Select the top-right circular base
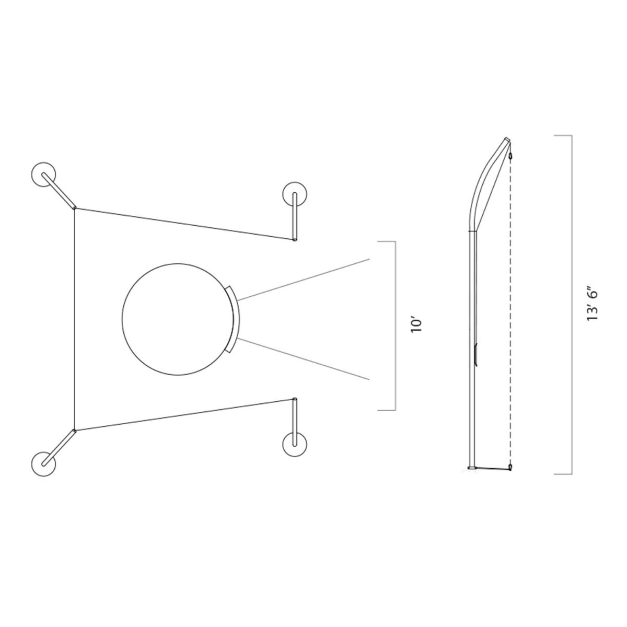coord(295,194)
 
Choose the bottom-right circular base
coord(295,445)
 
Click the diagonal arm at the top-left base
coord(60,190)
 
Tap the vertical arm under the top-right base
coord(295,217)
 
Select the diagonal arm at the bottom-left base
coord(59,447)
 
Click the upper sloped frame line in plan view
coord(183,224)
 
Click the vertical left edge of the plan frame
coord(75,319)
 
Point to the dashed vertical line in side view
coord(509,313)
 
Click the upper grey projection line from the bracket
coord(303,280)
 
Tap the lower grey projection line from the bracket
coord(303,359)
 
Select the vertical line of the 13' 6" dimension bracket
coord(569,305)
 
